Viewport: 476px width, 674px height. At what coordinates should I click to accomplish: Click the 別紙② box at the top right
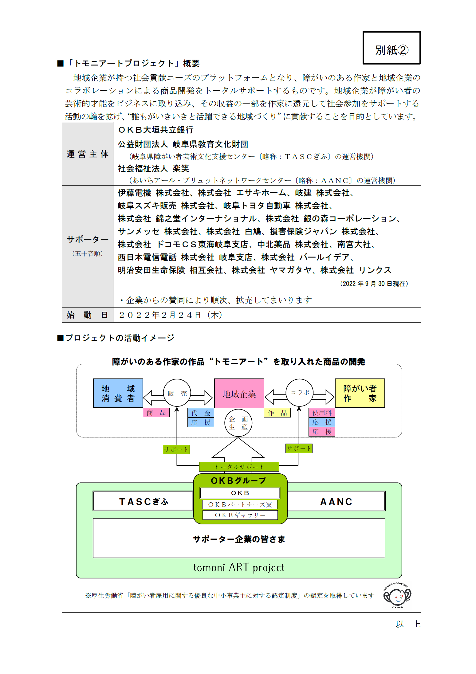click(391, 48)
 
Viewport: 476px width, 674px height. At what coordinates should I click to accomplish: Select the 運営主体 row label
click(88, 154)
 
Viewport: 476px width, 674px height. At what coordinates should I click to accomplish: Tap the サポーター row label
click(88, 239)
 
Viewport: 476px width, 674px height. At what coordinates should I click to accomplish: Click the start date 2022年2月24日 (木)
click(171, 315)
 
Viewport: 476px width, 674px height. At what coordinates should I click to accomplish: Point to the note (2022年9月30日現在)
click(374, 284)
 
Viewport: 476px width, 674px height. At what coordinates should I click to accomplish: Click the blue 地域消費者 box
click(118, 393)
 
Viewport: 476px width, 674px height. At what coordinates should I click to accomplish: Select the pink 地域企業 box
click(239, 394)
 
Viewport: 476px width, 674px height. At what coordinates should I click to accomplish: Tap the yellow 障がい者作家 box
click(360, 393)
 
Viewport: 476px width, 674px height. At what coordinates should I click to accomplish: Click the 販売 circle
click(177, 393)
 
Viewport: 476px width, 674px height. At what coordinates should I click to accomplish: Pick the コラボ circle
click(300, 392)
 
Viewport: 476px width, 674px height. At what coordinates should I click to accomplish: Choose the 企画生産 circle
click(238, 423)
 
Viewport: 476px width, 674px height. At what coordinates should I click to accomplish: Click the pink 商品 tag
click(156, 413)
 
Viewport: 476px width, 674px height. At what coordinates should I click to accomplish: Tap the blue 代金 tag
click(201, 413)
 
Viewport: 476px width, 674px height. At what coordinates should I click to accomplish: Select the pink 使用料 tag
click(322, 413)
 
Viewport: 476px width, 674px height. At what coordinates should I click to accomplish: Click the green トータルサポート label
click(239, 467)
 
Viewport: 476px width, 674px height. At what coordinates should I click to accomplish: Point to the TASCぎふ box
click(143, 501)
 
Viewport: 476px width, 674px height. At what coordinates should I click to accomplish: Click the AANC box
click(336, 501)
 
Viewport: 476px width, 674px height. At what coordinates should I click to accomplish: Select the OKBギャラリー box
click(240, 515)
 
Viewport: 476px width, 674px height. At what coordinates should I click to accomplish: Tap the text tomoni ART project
click(239, 567)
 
